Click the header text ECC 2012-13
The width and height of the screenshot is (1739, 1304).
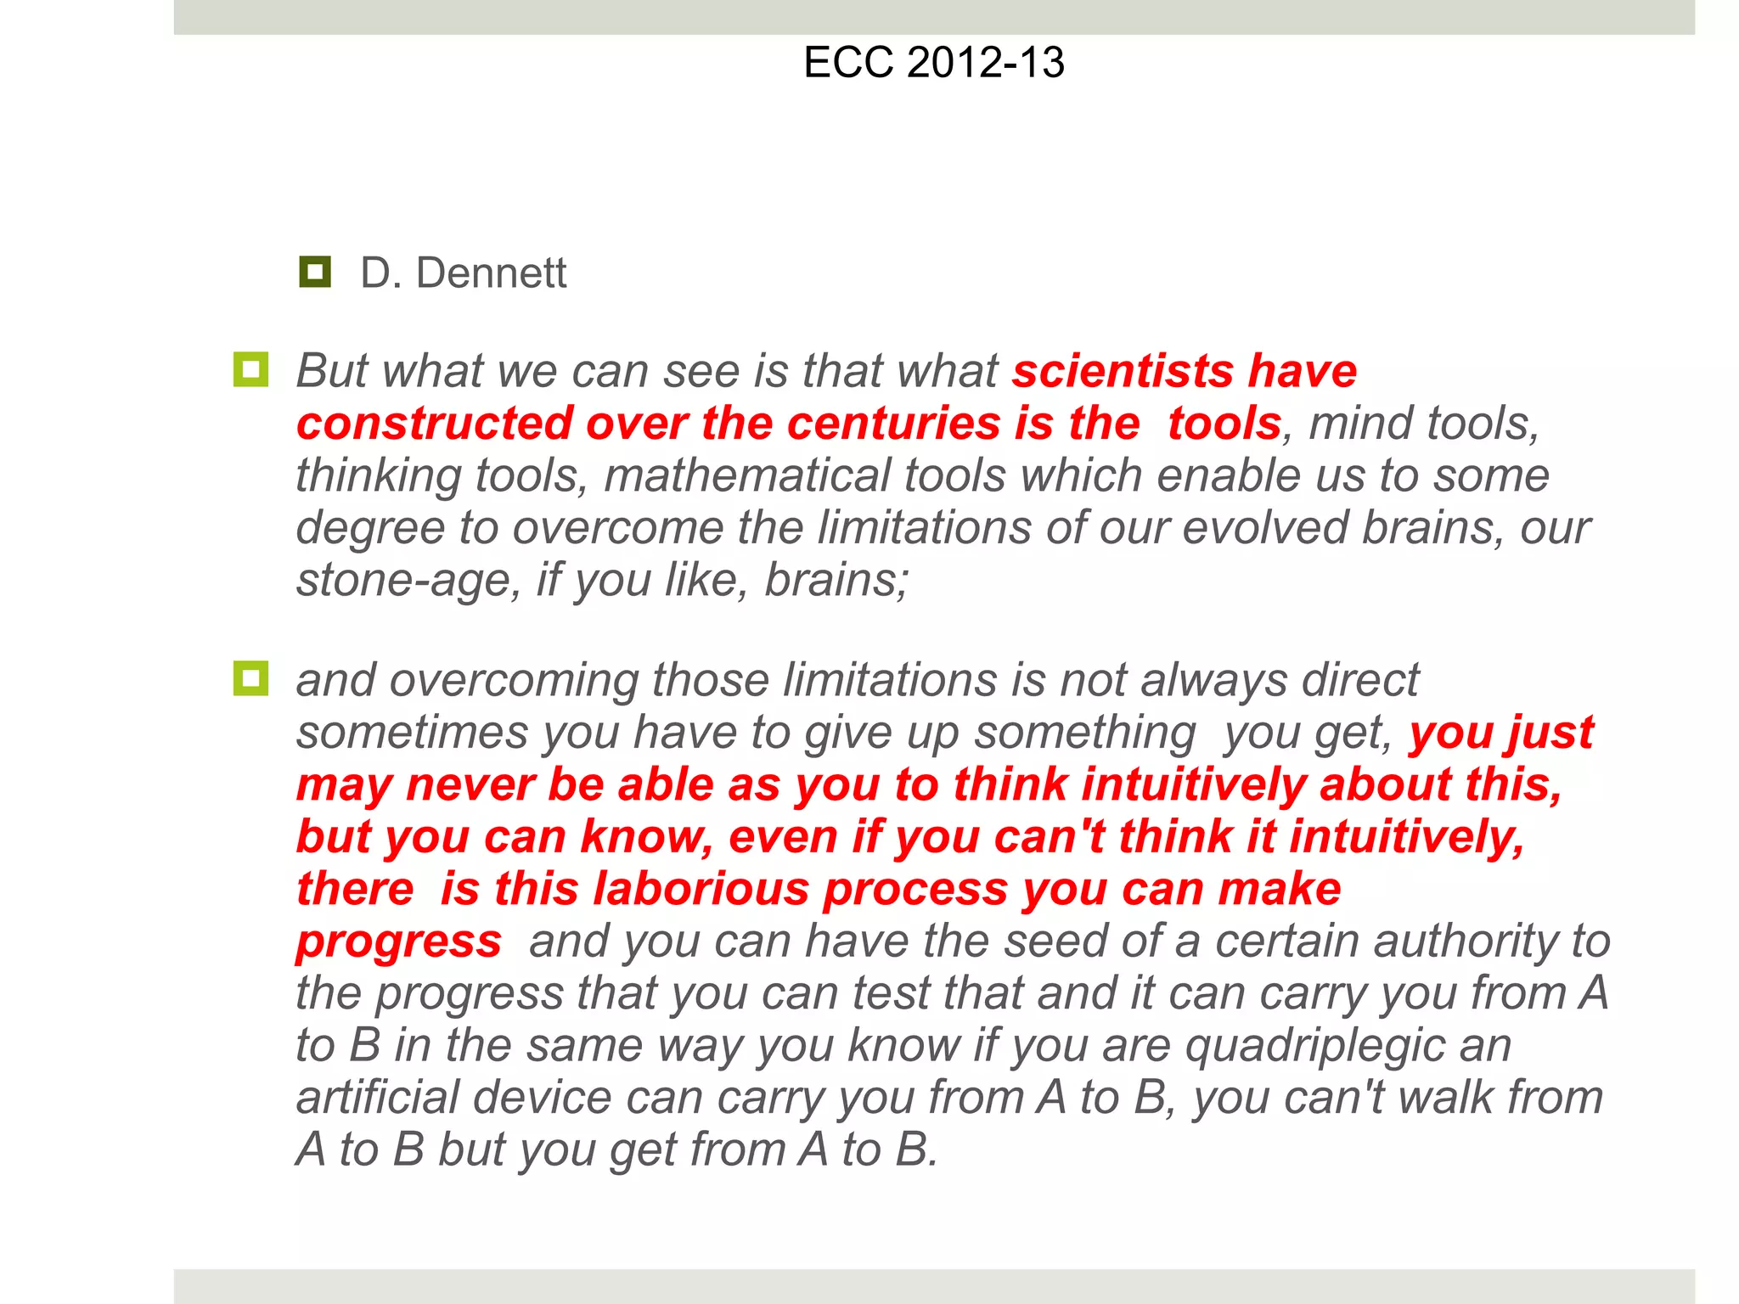pyautogui.click(x=933, y=63)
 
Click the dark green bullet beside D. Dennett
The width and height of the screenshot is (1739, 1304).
pyautogui.click(x=315, y=272)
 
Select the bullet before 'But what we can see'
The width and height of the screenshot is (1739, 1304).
pyautogui.click(x=250, y=370)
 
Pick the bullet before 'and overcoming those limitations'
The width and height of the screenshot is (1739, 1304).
pyautogui.click(x=250, y=679)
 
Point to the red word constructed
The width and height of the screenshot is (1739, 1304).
pyautogui.click(x=434, y=423)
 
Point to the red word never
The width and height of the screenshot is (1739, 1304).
pyautogui.click(x=470, y=784)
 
